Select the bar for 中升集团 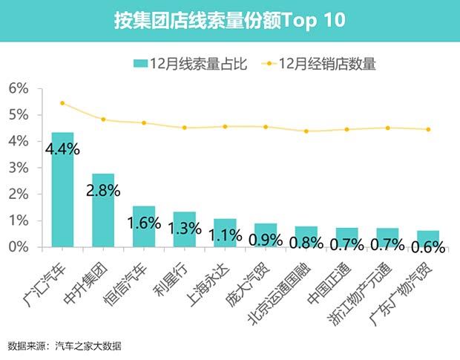103,211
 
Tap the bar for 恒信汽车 143,226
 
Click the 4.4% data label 62,149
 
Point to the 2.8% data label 103,190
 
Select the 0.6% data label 427,246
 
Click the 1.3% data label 184,229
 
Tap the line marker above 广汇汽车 62,103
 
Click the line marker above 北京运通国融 306,131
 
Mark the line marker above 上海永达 225,126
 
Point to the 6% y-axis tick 18,88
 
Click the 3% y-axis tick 18,168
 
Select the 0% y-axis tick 18,247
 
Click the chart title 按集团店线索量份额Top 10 229,20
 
